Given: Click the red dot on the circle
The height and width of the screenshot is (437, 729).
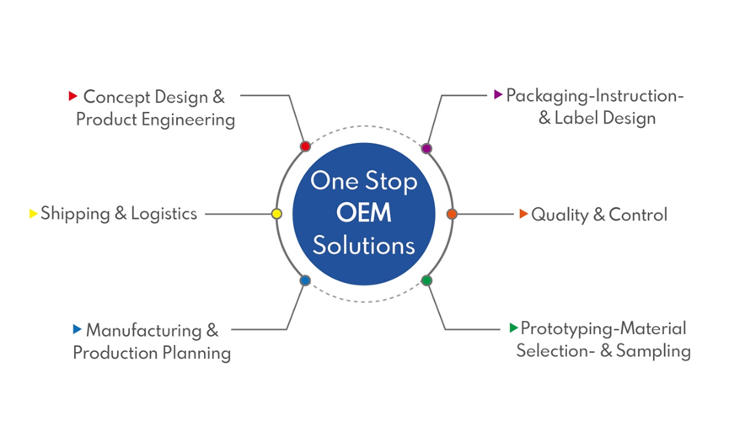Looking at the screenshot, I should click(305, 147).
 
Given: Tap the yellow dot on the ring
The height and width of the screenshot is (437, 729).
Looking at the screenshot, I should click(276, 214).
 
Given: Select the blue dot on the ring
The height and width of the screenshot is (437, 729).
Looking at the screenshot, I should click(305, 280).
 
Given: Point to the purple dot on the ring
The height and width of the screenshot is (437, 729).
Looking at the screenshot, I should click(426, 148).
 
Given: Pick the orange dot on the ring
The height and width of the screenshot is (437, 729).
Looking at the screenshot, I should click(451, 214).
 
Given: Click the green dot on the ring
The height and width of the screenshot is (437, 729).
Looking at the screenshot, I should click(426, 280).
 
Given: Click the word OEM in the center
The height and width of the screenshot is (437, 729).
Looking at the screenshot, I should click(364, 213).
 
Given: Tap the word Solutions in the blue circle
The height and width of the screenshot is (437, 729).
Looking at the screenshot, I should click(364, 245).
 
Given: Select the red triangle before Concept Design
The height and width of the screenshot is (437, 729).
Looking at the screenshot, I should click(73, 96).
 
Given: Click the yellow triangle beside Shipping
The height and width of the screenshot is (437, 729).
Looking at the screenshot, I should click(34, 214).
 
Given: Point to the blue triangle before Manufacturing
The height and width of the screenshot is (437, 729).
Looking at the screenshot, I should click(77, 329).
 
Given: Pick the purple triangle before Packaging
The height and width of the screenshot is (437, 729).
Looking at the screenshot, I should click(498, 94).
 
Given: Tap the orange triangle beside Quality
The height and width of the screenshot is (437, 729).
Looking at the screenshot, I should click(523, 214).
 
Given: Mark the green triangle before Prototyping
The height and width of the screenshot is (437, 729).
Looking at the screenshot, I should click(513, 328).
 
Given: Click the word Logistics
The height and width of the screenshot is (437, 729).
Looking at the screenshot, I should click(163, 214).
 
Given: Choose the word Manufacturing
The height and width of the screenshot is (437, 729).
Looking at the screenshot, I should click(144, 330).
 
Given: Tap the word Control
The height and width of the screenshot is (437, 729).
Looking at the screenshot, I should click(638, 215).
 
